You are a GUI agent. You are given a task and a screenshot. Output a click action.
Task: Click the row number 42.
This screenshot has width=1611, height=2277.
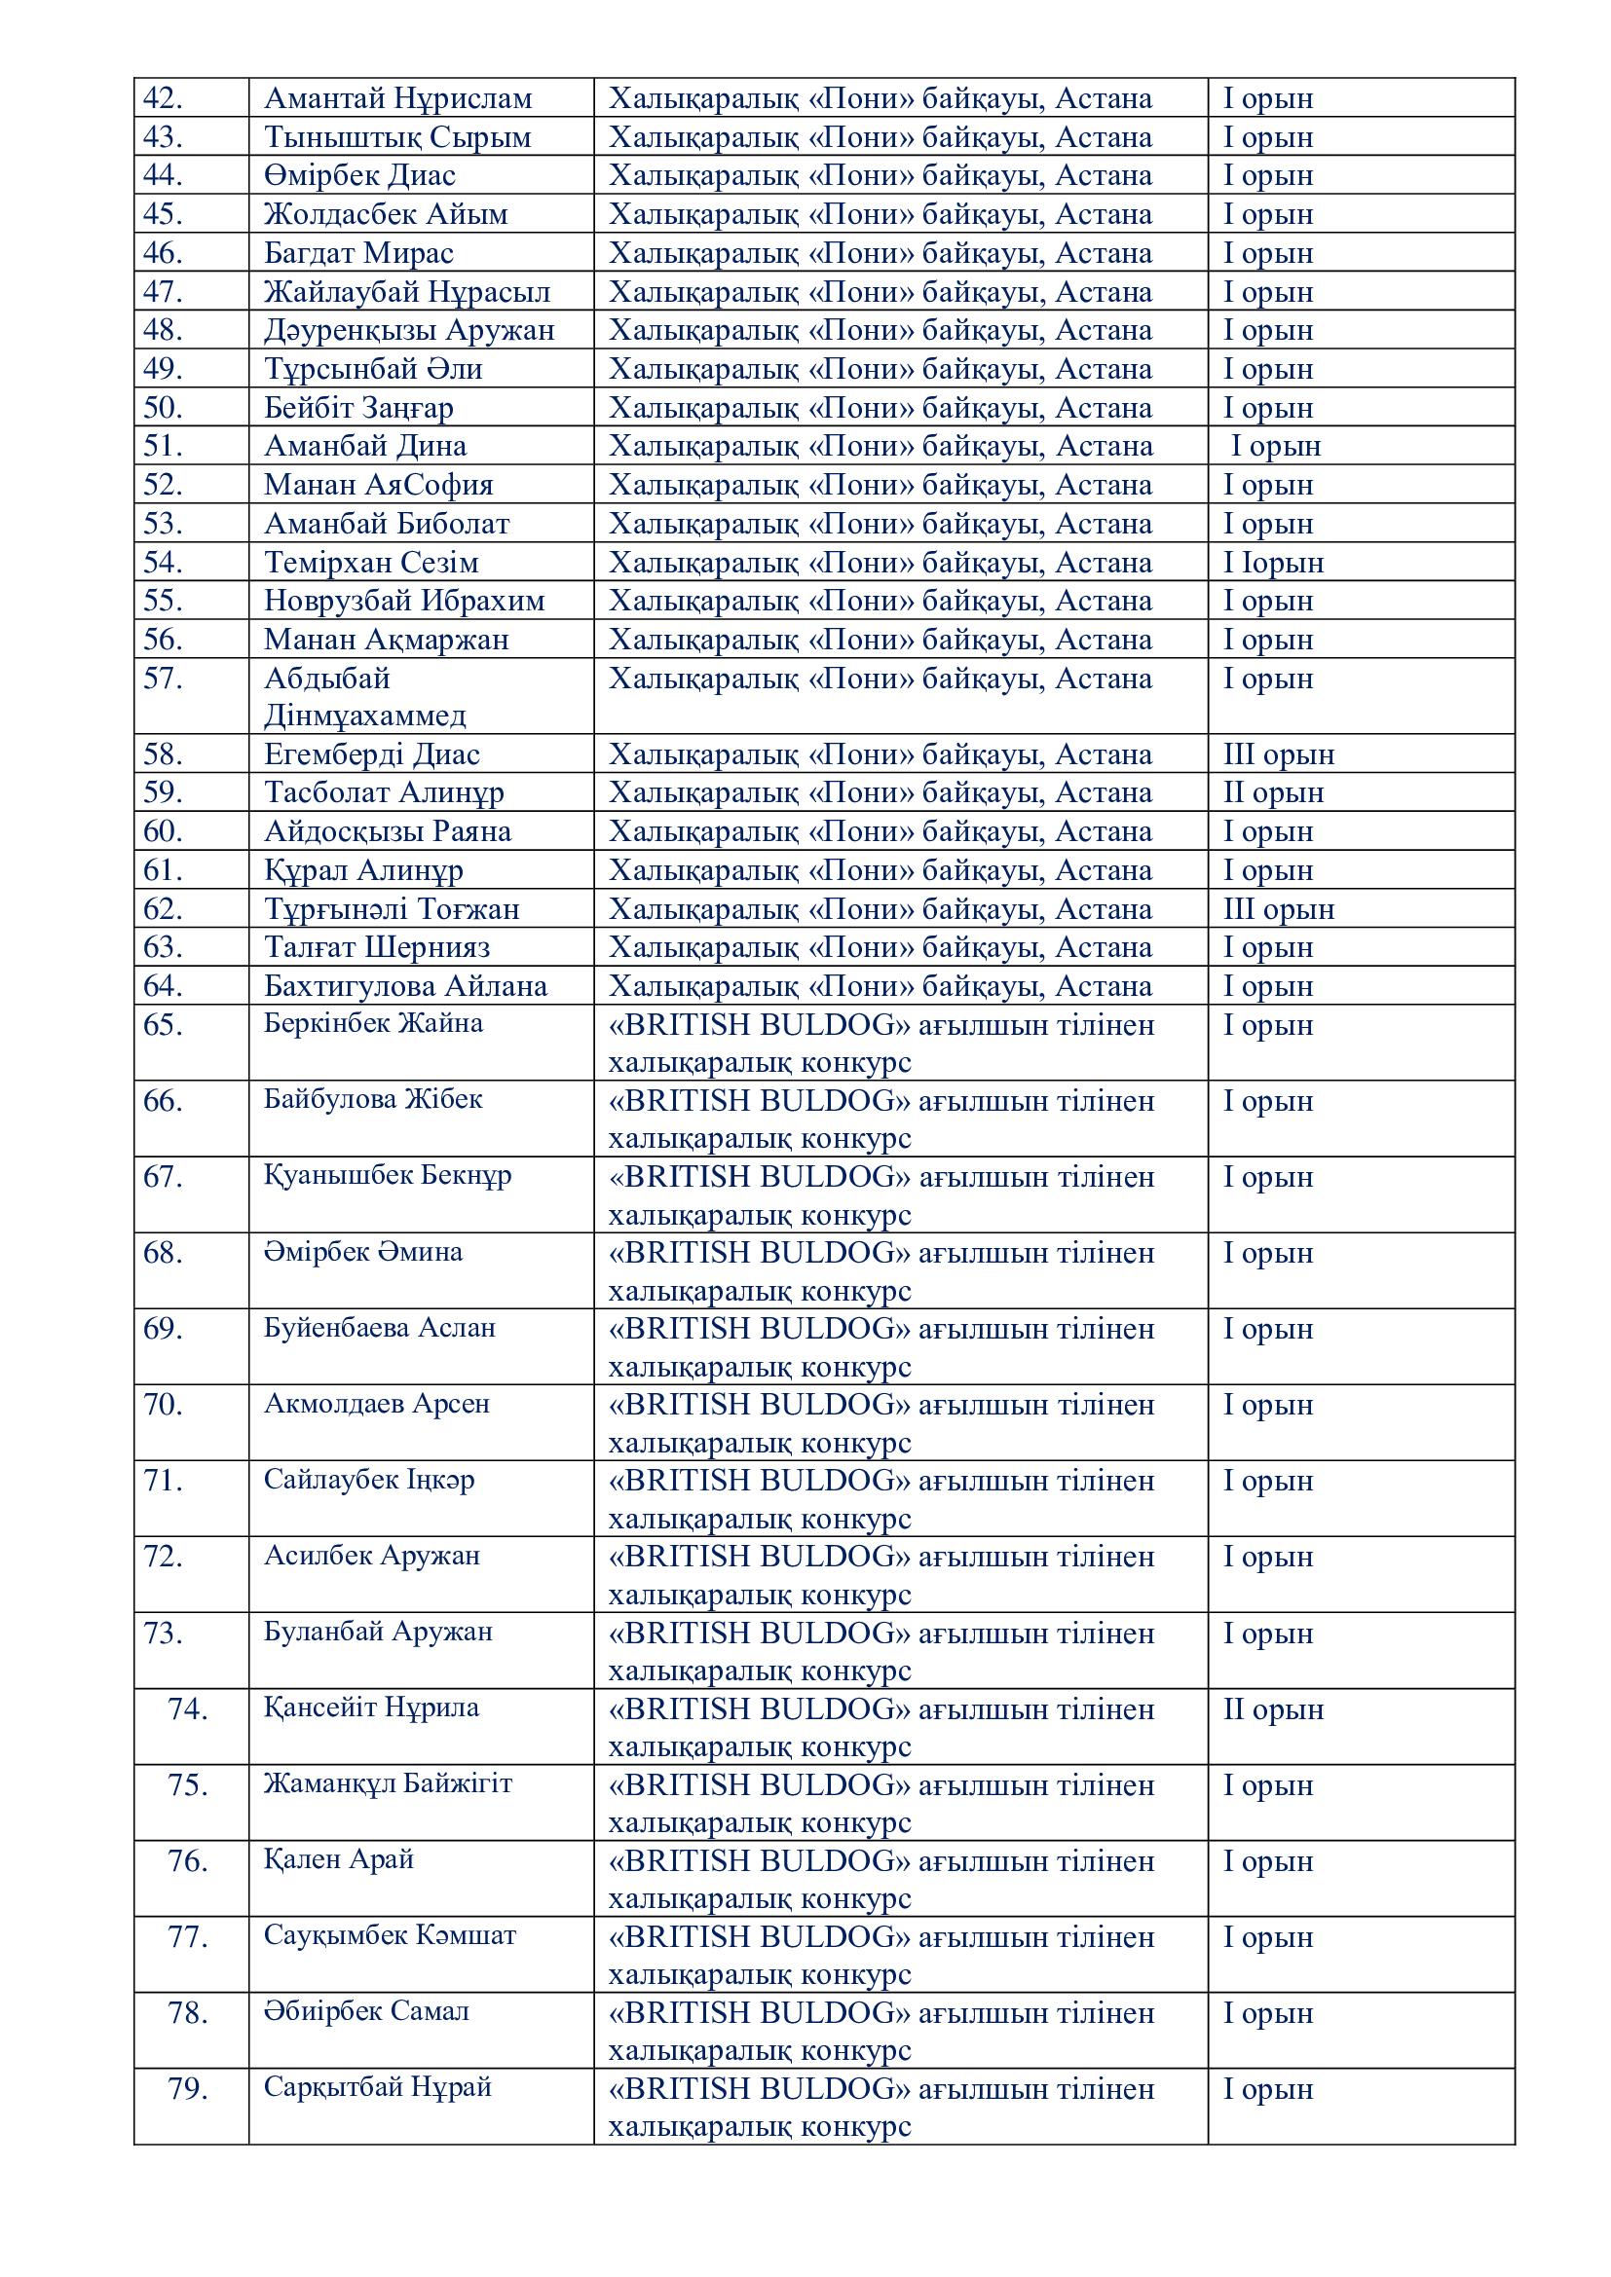point(163,98)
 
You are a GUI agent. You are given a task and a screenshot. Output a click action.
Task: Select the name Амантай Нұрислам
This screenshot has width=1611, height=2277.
point(397,98)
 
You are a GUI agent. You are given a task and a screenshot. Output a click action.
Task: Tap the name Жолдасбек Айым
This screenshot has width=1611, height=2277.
point(386,214)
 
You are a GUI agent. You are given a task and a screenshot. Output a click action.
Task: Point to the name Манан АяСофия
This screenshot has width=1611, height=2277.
point(378,485)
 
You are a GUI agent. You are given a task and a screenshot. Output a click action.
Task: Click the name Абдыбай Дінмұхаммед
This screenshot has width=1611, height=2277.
point(364,697)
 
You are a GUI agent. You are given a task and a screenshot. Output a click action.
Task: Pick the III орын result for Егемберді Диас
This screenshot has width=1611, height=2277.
point(1279,754)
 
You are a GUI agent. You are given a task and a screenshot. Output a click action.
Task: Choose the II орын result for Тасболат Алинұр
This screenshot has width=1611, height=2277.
point(1274,793)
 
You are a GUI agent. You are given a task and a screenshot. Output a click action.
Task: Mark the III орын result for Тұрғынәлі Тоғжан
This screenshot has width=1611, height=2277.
point(1279,909)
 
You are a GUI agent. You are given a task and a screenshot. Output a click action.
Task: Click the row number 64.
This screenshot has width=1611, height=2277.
point(163,986)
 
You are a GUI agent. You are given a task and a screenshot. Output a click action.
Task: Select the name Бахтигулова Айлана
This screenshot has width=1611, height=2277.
point(405,986)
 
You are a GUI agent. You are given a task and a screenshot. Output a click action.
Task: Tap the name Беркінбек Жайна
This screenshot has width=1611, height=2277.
point(373,1022)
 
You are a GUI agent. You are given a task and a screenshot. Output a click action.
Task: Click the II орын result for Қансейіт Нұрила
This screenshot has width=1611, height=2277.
point(1274,1708)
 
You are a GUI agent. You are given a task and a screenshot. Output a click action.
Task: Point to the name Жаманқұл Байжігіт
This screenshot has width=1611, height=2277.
point(388,1783)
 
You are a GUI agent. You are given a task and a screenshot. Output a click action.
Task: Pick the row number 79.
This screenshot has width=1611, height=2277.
point(187,2088)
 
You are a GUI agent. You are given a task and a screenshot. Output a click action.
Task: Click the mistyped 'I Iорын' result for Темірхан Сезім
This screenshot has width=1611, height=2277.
point(1274,563)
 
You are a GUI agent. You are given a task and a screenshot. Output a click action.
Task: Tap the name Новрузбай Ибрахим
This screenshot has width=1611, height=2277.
point(404,601)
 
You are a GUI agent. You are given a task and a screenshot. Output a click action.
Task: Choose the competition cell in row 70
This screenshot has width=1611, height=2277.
point(880,1423)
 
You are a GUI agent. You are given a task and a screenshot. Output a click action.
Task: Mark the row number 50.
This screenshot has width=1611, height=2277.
point(163,408)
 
